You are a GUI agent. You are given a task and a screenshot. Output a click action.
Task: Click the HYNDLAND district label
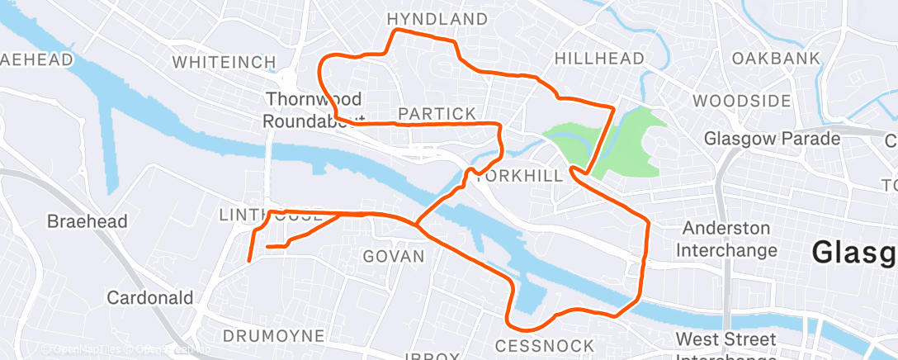[437, 18]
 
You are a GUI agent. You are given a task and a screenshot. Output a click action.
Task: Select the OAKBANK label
[776, 59]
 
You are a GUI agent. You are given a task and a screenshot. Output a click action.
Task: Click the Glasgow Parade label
[772, 139]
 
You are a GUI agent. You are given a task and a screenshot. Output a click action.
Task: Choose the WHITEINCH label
[217, 62]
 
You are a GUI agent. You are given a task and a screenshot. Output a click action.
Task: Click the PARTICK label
[437, 113]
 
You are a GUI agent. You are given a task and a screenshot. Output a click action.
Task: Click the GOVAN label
[394, 257]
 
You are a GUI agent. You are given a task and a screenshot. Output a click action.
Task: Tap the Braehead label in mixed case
[87, 221]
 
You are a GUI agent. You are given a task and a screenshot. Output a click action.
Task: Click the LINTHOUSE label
[270, 215]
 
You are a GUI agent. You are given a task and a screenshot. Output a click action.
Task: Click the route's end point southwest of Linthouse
[249, 261]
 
